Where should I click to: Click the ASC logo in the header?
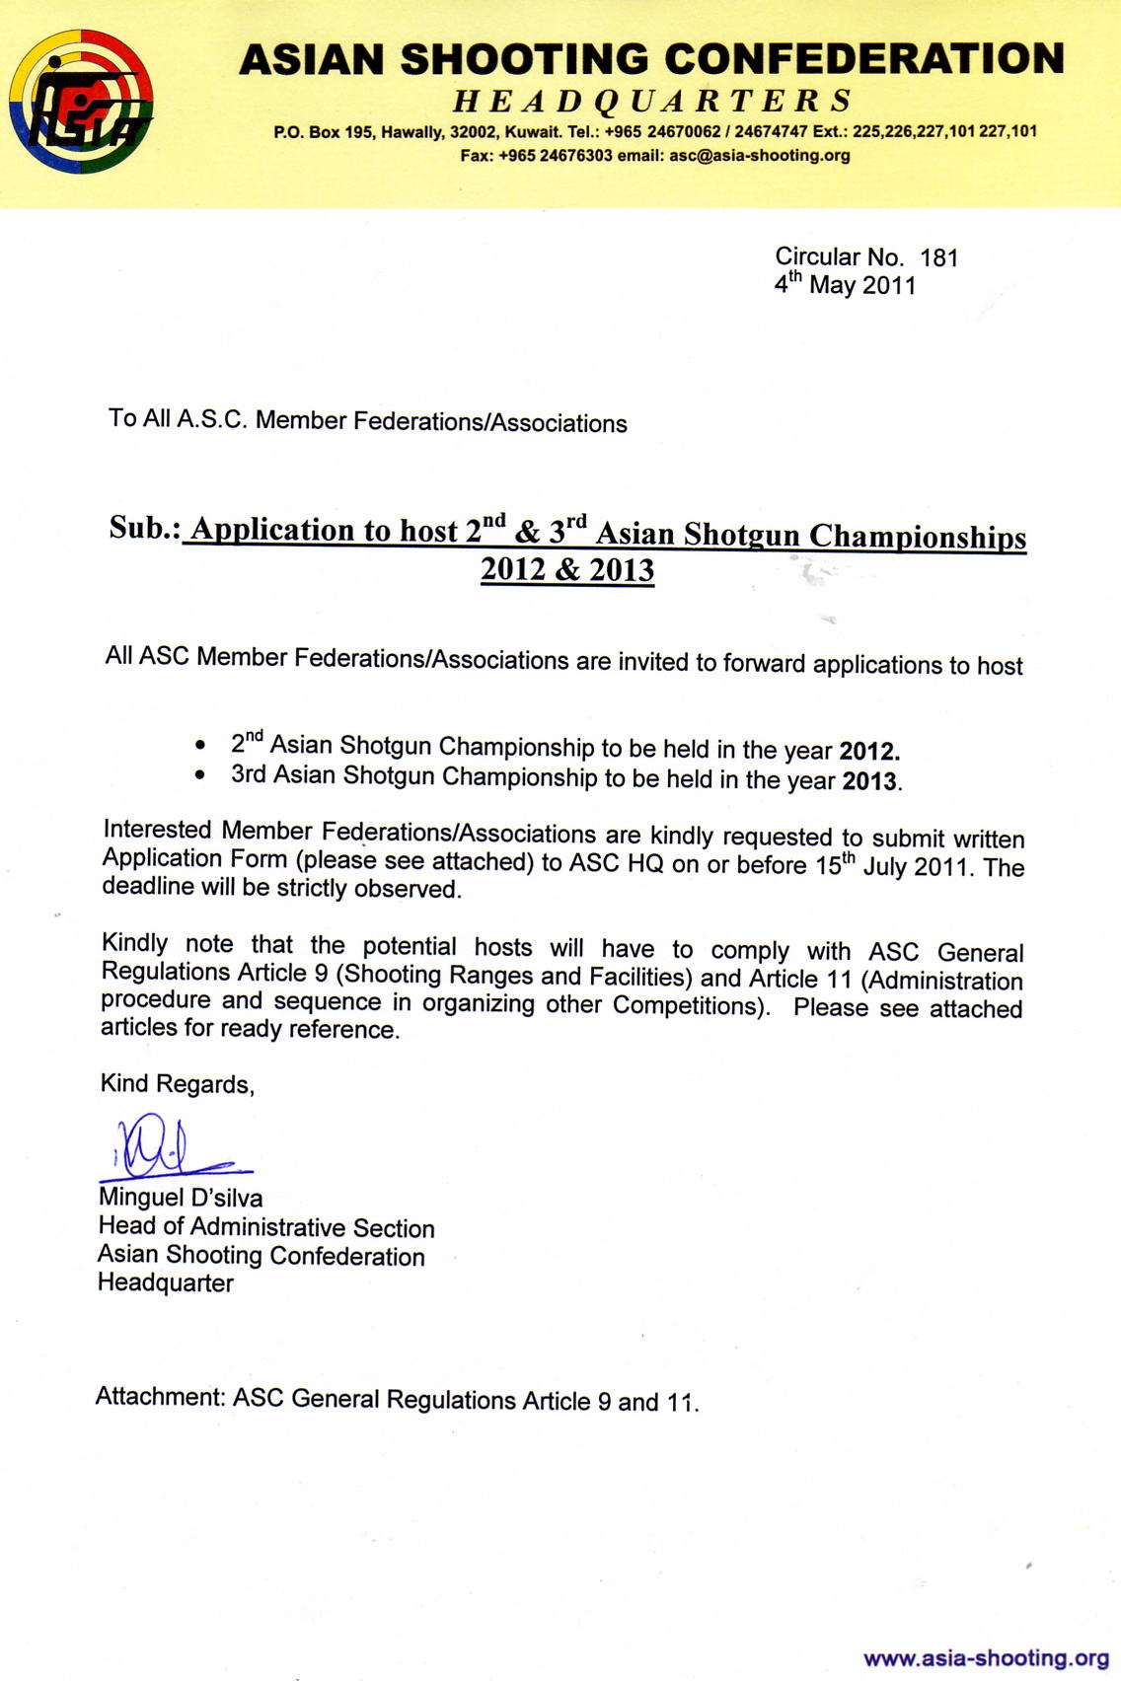(x=81, y=102)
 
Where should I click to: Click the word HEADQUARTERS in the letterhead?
(x=652, y=101)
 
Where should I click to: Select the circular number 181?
(x=938, y=257)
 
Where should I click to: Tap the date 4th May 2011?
(x=846, y=285)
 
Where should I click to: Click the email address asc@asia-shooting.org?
(x=759, y=155)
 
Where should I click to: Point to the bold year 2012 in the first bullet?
(x=868, y=751)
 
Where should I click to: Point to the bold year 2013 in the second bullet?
(x=870, y=781)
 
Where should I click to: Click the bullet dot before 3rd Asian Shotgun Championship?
(x=201, y=775)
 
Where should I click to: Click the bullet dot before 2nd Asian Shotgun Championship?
(x=201, y=744)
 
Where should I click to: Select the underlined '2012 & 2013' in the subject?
(x=567, y=570)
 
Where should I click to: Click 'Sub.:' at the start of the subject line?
(x=144, y=528)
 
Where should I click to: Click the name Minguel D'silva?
(x=181, y=1198)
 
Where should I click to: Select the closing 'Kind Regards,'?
(x=178, y=1084)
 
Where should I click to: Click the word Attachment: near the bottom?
(x=160, y=1397)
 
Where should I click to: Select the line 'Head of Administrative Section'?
(x=266, y=1227)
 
